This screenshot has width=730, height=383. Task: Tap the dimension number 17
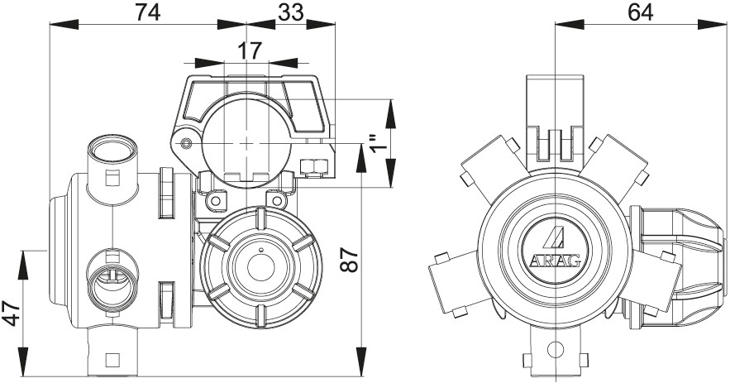(249, 50)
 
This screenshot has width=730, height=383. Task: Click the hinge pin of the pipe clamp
(188, 144)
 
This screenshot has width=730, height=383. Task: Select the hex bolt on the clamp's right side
(314, 166)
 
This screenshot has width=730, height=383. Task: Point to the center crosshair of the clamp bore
(246, 143)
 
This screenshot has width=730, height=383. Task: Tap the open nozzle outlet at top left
(112, 151)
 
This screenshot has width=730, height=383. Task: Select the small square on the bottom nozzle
(112, 359)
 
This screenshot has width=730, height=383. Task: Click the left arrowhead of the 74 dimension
(55, 23)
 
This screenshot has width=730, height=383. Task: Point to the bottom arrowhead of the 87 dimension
(362, 369)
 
